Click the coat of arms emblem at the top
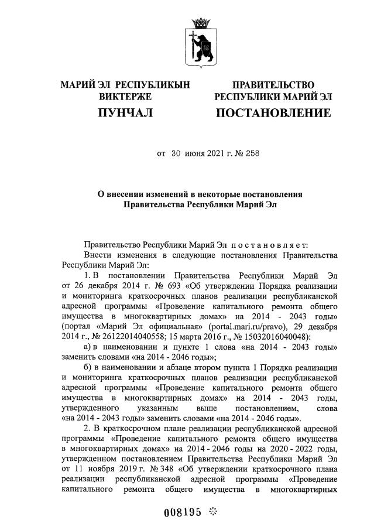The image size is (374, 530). coord(202,45)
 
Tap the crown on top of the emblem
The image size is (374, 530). coord(202,23)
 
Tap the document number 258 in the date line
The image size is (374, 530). coord(249,155)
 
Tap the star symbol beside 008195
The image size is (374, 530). coord(212,511)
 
